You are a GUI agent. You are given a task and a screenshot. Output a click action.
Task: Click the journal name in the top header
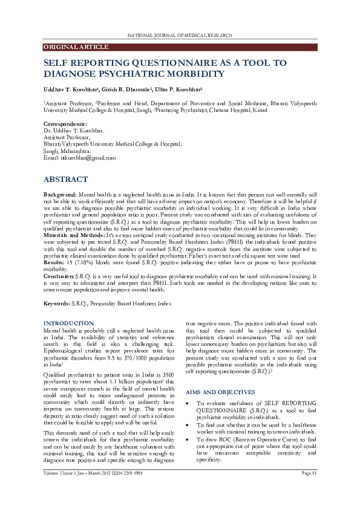coord(180,36)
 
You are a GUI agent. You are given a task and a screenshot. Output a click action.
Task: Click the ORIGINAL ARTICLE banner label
coord(67,47)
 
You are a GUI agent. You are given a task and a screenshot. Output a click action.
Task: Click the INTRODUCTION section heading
coord(69,323)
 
